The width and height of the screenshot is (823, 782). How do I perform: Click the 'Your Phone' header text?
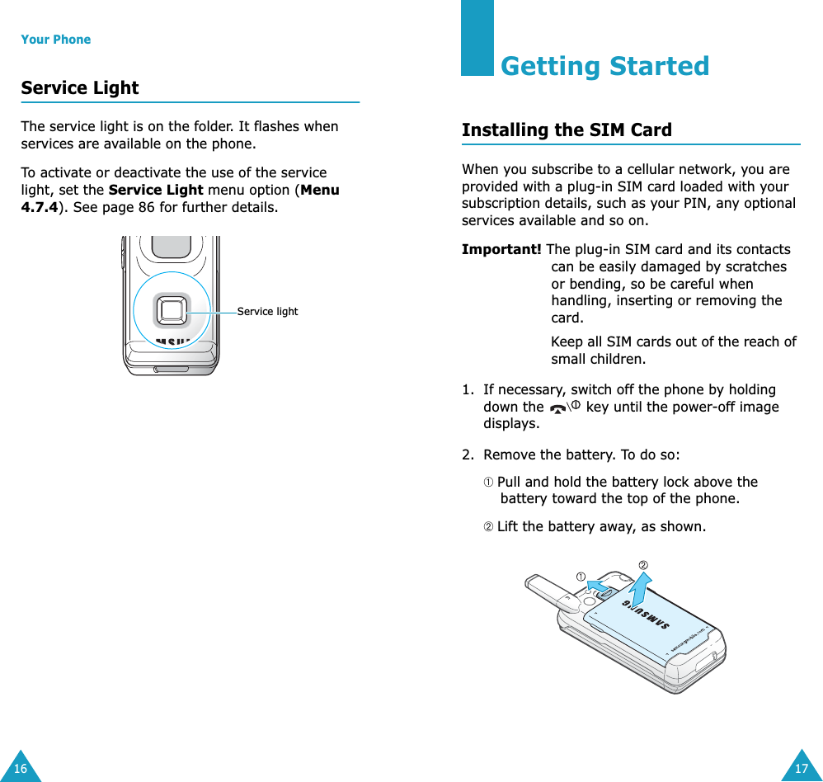tap(55, 40)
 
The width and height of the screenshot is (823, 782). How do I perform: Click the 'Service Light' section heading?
tap(80, 88)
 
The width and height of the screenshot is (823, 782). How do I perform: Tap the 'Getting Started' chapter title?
tap(604, 66)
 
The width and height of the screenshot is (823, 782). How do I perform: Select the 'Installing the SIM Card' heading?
tap(567, 130)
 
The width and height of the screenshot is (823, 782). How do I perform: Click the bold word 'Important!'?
tap(501, 250)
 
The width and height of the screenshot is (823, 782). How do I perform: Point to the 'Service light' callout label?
tap(267, 312)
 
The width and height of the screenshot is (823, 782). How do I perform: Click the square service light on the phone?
tap(172, 311)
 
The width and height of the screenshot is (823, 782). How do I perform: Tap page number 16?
tap(20, 769)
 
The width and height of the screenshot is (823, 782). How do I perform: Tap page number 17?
tap(802, 769)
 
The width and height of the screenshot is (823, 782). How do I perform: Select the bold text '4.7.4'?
tap(38, 207)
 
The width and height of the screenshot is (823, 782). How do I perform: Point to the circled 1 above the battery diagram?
tap(581, 576)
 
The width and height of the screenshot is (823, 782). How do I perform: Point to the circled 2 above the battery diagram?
tap(643, 565)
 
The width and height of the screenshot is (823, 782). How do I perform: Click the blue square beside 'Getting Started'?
tap(477, 38)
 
